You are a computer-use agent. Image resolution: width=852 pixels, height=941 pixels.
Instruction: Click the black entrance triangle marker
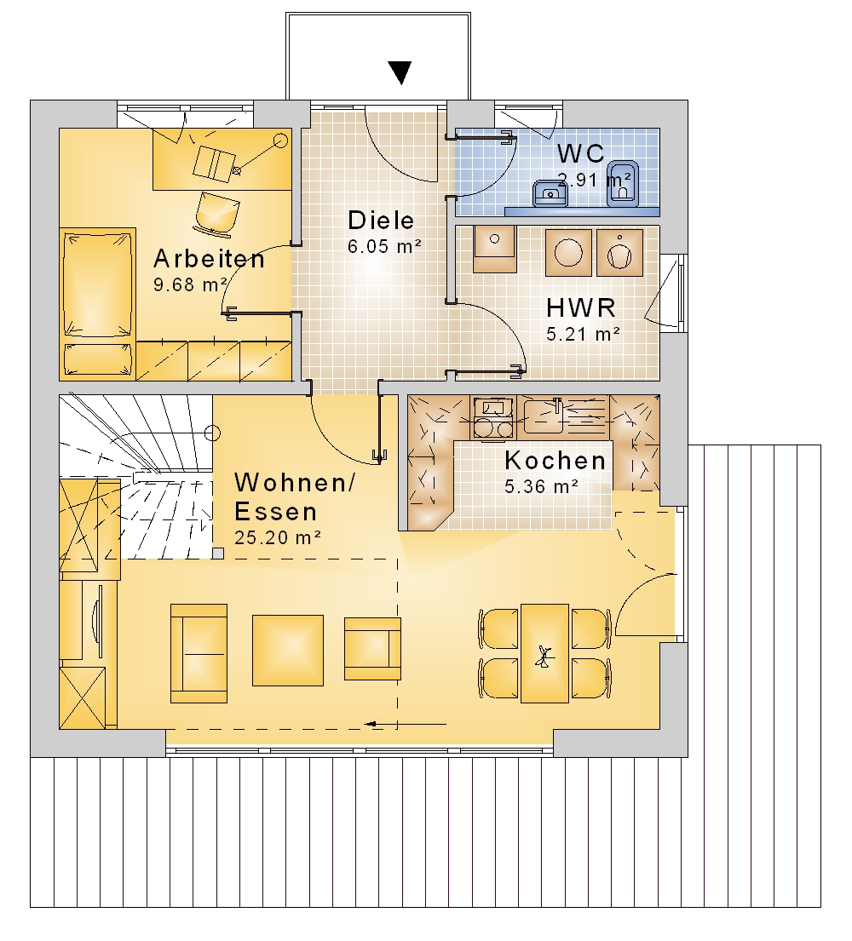pos(400,72)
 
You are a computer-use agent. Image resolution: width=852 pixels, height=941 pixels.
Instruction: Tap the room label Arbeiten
pos(209,259)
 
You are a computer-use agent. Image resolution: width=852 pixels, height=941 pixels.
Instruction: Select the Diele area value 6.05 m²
pos(384,246)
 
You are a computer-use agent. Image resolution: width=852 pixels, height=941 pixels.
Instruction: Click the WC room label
pos(580,153)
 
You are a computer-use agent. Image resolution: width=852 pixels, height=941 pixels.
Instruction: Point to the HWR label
pos(581,308)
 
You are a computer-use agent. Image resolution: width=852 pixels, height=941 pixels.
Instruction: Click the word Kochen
pos(556,461)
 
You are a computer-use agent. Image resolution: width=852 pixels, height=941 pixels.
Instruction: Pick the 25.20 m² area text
pos(278,537)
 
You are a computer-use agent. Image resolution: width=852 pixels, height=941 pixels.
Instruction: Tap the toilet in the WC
pos(623,184)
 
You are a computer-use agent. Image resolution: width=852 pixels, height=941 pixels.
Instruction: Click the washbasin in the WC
pos(550,193)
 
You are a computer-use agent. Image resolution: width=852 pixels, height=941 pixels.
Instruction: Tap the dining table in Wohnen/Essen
pos(544,653)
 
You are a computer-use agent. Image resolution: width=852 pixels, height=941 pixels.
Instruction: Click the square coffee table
pos(288,650)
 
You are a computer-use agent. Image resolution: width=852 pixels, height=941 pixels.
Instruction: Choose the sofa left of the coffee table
pos(199,653)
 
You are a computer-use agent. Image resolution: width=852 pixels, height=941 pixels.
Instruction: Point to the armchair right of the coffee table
pos(372,649)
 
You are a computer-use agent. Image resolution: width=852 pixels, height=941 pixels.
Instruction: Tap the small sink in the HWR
pos(495,249)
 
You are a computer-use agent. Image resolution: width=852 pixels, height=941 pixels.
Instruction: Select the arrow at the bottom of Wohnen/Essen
pos(406,725)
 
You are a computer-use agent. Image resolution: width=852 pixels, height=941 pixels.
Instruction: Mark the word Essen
pos(275,512)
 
